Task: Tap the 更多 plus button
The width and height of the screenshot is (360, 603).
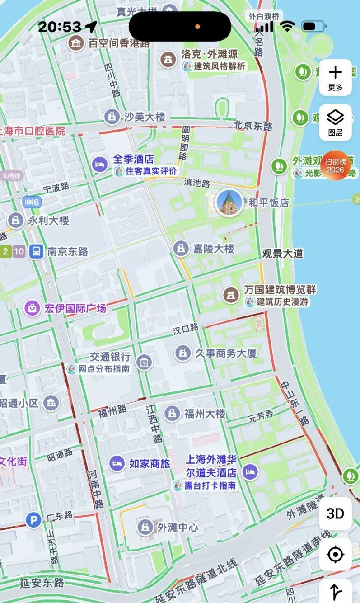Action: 335,77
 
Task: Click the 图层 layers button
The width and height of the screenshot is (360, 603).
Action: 335,122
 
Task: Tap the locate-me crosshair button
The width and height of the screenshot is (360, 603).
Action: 335,554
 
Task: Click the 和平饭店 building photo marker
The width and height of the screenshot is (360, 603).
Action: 229,203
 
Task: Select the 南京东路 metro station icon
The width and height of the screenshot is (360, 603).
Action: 36,251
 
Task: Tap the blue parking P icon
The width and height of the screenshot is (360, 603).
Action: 33,520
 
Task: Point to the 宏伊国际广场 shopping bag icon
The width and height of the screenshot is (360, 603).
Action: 33,309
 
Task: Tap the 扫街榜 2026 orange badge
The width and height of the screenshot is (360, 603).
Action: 335,165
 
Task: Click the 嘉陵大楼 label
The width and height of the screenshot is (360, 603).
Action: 214,248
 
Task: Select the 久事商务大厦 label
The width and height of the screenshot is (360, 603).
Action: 225,353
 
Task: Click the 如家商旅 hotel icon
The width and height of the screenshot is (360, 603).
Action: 117,463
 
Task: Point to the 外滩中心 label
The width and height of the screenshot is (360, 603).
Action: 178,527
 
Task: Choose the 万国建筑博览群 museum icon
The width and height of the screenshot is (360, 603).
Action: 231,295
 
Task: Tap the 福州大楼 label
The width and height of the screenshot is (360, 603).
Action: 204,413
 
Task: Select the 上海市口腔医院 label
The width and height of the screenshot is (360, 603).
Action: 33,131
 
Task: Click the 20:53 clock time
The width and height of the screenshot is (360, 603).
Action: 60,27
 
